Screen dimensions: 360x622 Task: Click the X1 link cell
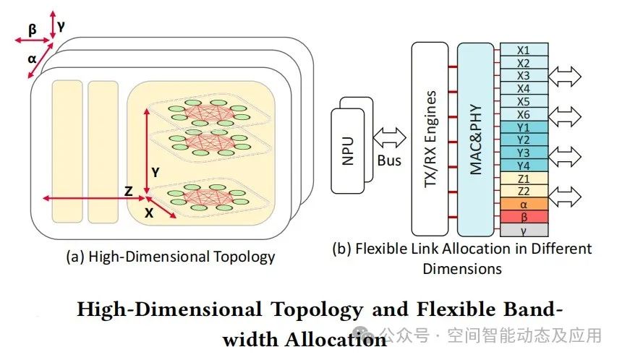tap(524, 50)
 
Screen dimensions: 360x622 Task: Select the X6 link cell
tap(524, 114)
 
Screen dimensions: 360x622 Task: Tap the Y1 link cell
tap(524, 127)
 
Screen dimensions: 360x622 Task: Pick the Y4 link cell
tap(524, 166)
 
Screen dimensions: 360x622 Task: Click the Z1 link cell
tap(524, 179)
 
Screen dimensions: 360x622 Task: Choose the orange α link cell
tap(524, 205)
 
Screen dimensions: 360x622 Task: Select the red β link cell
tap(524, 217)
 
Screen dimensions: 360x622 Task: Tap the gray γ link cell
tap(524, 230)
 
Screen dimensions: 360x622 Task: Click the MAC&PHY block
tap(475, 137)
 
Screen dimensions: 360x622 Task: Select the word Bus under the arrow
tap(389, 160)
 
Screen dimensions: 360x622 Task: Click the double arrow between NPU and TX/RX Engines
tap(389, 137)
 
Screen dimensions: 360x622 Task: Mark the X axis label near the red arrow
tap(150, 213)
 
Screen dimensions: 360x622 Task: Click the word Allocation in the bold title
tap(304, 338)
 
